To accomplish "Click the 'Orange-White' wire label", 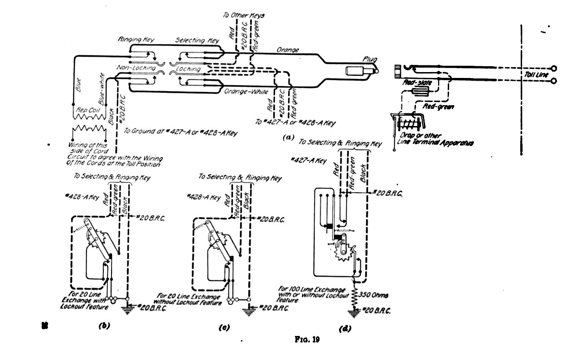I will tap(245, 92).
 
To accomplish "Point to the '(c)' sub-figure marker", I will tap(223, 327).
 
